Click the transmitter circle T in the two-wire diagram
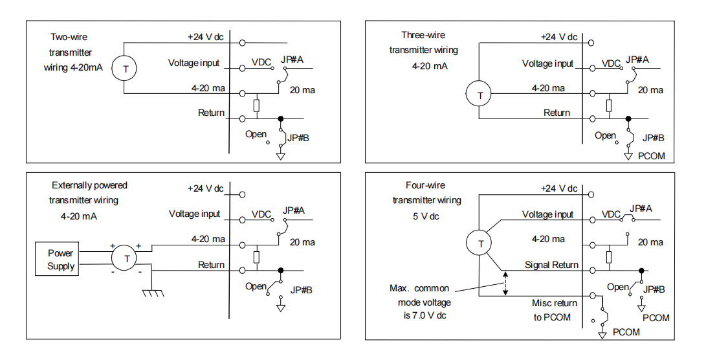[127, 69]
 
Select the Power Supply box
[61, 260]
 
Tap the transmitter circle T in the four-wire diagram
[480, 243]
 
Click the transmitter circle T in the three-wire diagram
[480, 95]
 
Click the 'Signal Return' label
[551, 265]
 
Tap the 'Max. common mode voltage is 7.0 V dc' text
[420, 302]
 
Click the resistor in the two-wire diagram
[257, 106]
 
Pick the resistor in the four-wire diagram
[609, 257]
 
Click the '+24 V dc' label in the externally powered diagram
[205, 188]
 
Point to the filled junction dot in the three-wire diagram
[628, 119]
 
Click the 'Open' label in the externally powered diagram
[256, 286]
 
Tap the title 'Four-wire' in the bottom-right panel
[426, 185]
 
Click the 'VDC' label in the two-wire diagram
[261, 63]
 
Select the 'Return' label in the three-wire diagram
[557, 113]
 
